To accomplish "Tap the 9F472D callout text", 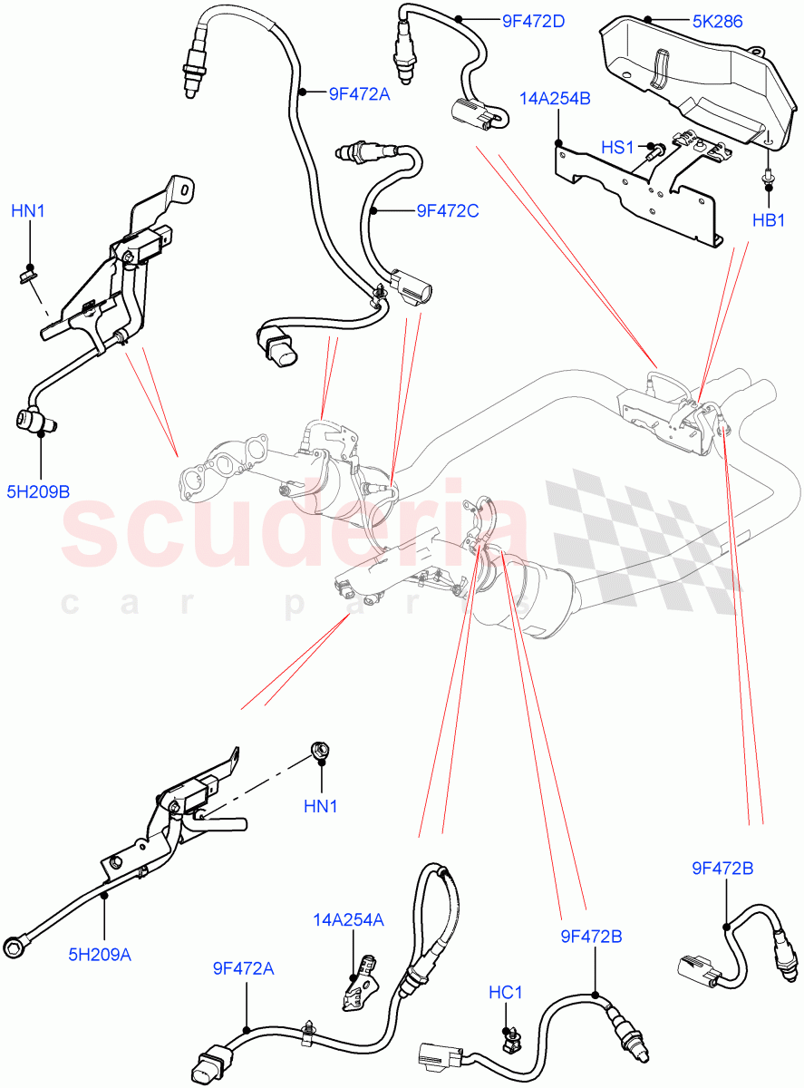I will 534,19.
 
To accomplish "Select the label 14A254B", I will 555,98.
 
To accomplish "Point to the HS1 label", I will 618,146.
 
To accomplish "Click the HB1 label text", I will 769,220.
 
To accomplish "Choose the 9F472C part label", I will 447,210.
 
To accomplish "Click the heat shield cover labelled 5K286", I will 689,77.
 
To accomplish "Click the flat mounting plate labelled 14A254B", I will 634,190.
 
